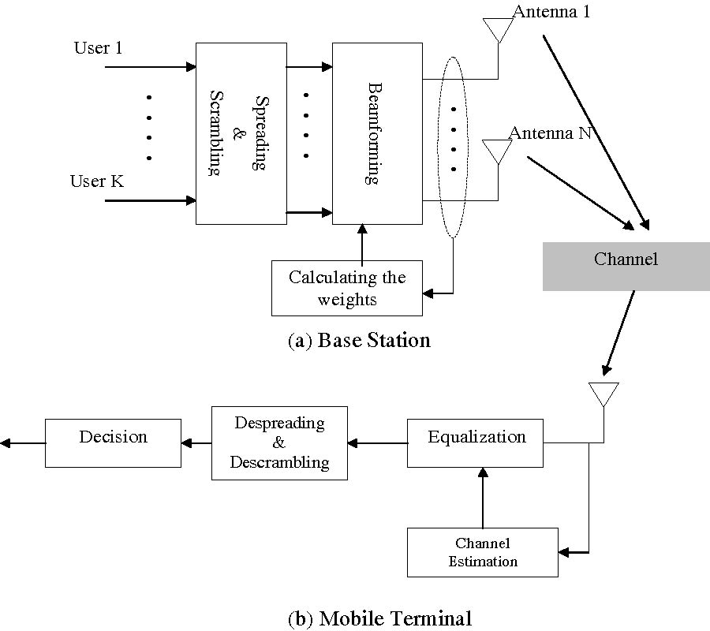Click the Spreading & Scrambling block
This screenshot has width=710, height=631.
pyautogui.click(x=241, y=134)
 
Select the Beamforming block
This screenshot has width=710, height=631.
pyautogui.click(x=377, y=134)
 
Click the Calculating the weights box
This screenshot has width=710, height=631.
pyautogui.click(x=347, y=288)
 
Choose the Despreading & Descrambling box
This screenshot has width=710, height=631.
pyautogui.click(x=279, y=443)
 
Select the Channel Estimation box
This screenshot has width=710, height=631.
pyautogui.click(x=483, y=552)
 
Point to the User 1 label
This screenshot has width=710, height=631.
pyautogui.click(x=98, y=48)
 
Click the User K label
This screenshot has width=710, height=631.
pyautogui.click(x=96, y=182)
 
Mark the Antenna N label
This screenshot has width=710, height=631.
pyautogui.click(x=550, y=133)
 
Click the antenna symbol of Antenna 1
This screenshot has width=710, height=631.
pyautogui.click(x=497, y=31)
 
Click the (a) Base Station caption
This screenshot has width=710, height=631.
pyautogui.click(x=360, y=341)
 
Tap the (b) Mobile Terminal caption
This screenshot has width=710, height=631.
pyautogui.click(x=380, y=618)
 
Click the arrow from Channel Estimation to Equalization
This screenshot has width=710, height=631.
pyautogui.click(x=483, y=497)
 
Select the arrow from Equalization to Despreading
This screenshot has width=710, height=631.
pyautogui.click(x=377, y=443)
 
